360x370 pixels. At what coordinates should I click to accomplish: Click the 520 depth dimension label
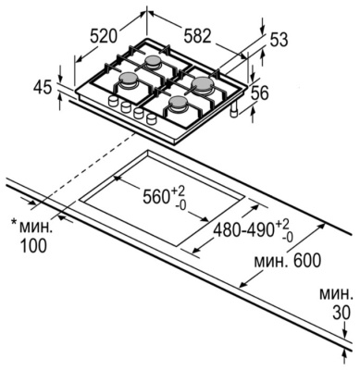pyautogui.click(x=104, y=36)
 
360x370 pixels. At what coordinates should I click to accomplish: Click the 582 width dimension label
pyautogui.click(x=198, y=35)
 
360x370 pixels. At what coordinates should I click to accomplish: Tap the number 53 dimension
pyautogui.click(x=279, y=40)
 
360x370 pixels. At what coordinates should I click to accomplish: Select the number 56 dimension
pyautogui.click(x=259, y=93)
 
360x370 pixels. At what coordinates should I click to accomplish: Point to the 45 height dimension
pyautogui.click(x=43, y=88)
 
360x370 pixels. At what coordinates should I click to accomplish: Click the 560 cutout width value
pyautogui.click(x=156, y=196)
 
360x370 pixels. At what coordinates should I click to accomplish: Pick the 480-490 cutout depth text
pyautogui.click(x=245, y=229)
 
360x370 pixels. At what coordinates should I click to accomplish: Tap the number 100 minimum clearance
pyautogui.click(x=34, y=245)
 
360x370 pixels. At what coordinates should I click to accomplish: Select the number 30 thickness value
pyautogui.click(x=341, y=314)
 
